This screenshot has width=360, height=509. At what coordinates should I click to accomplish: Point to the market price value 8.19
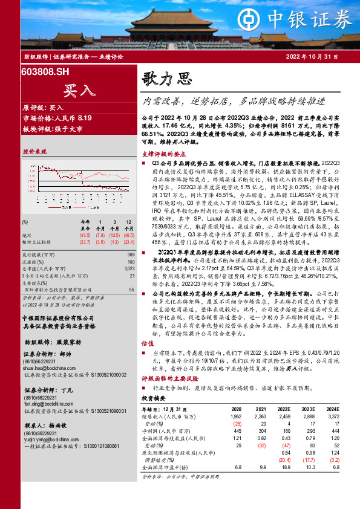(84, 118)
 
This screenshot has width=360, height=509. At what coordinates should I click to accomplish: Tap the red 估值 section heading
(148, 360)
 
